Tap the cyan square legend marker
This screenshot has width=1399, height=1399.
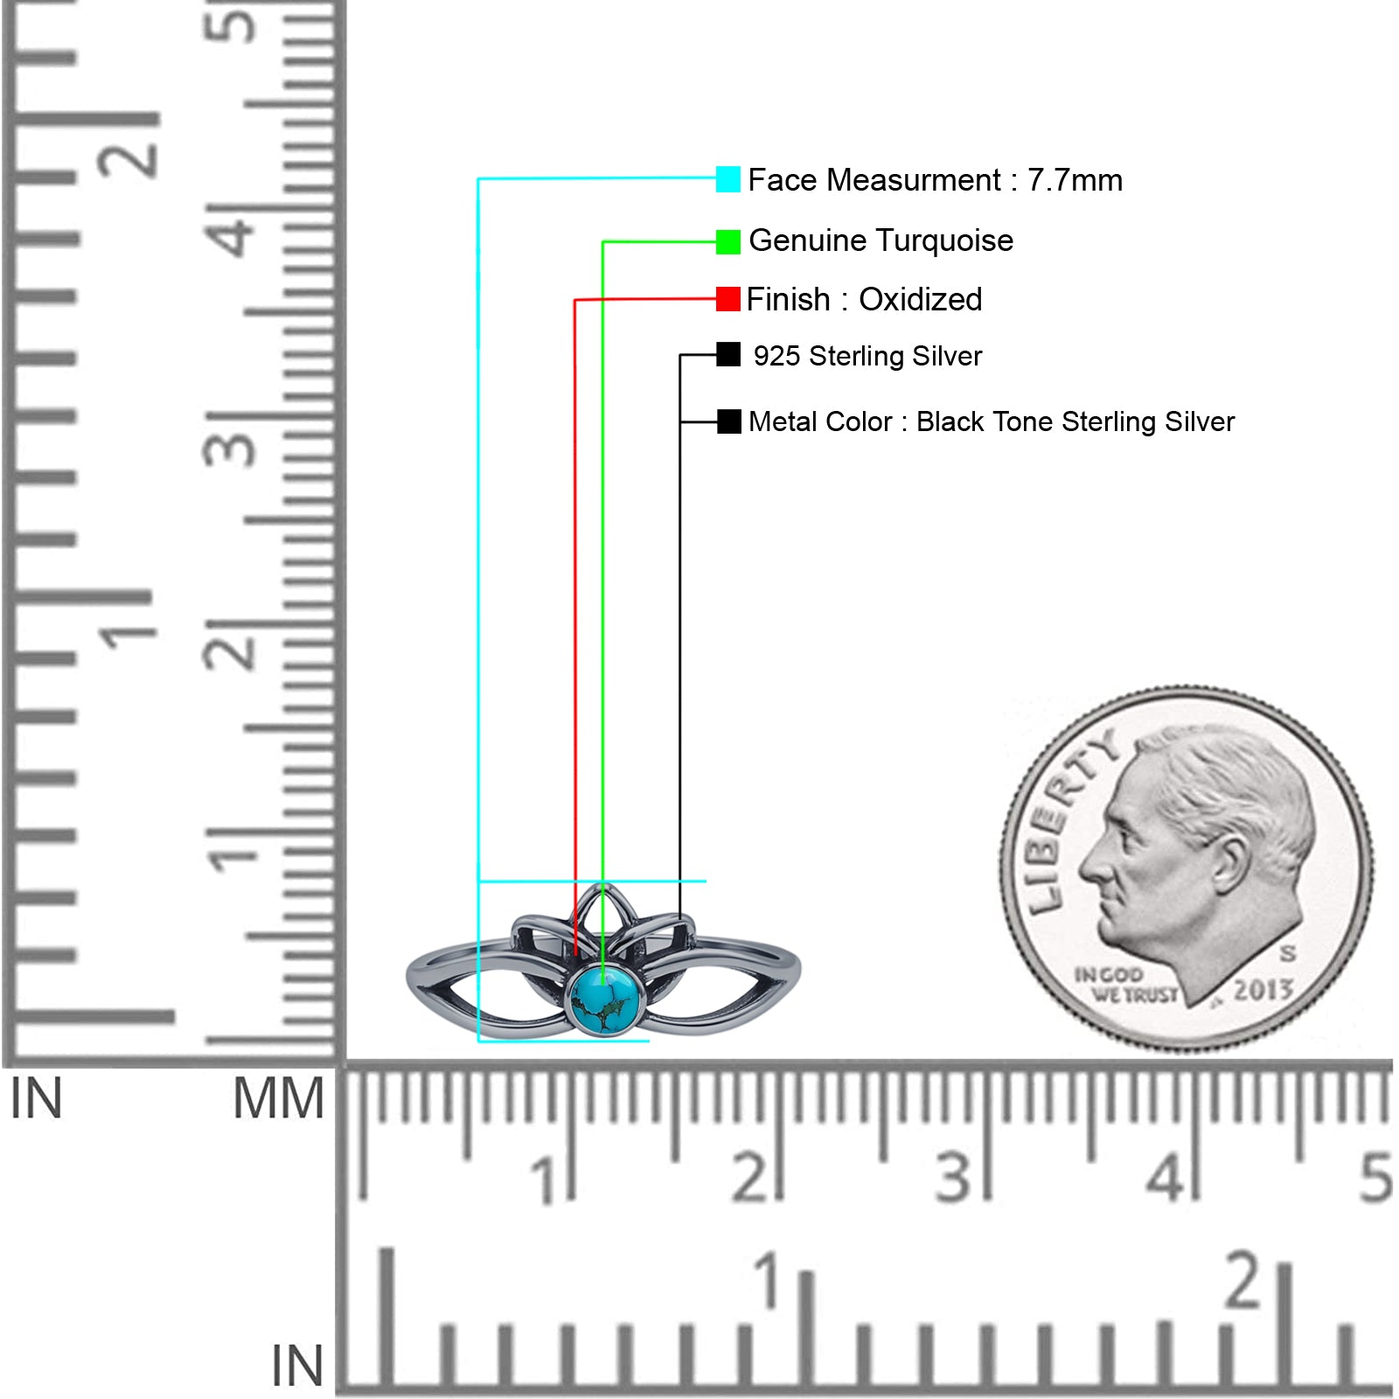(x=727, y=179)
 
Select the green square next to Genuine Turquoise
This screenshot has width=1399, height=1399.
(x=727, y=241)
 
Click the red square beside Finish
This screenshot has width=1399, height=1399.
(x=727, y=299)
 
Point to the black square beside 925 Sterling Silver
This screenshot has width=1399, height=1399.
(x=728, y=354)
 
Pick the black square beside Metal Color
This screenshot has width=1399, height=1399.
(x=728, y=421)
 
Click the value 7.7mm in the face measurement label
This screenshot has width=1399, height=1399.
(x=1075, y=180)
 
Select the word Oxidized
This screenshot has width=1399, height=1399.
(x=921, y=299)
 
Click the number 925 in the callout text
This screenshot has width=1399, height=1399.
(x=776, y=356)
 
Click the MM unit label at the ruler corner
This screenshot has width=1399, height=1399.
(x=278, y=1098)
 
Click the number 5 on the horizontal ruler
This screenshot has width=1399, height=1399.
(x=1375, y=1177)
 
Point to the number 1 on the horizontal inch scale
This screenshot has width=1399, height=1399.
(x=768, y=1280)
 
